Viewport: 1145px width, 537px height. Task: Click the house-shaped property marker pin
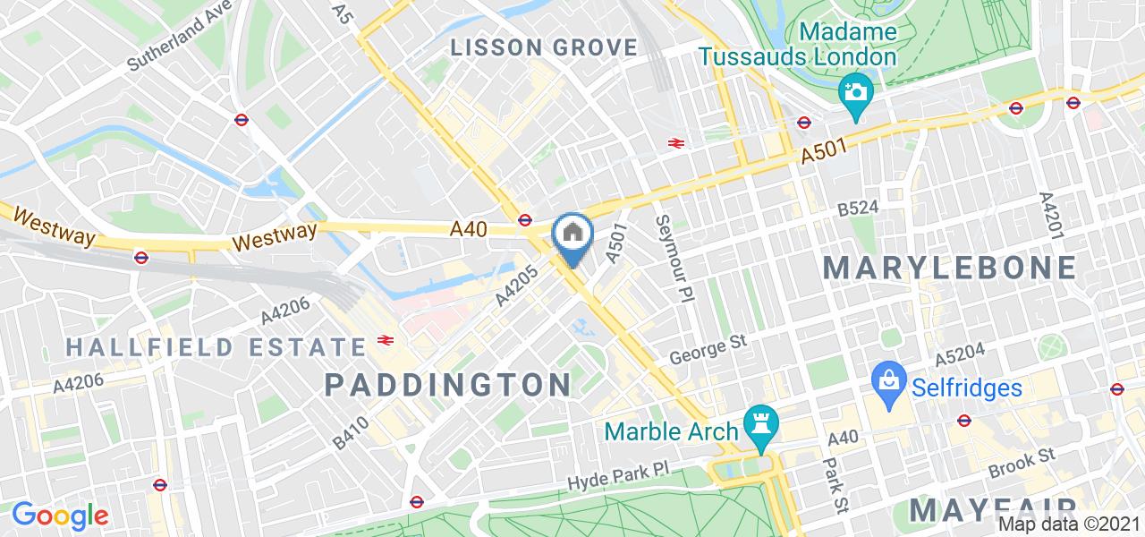[x=572, y=234]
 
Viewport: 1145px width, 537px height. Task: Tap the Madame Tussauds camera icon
[x=856, y=92]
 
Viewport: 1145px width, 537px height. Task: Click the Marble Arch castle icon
[x=762, y=430]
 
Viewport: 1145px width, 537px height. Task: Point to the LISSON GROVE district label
[x=544, y=47]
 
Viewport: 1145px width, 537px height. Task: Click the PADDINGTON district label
[x=448, y=385]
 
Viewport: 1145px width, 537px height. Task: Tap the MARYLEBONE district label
[x=949, y=267]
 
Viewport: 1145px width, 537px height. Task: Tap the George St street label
[x=708, y=350]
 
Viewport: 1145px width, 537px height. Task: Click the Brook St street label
[x=1022, y=465]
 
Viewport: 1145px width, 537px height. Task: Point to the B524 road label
[x=858, y=209]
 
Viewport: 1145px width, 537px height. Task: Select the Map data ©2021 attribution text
[x=1070, y=524]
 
